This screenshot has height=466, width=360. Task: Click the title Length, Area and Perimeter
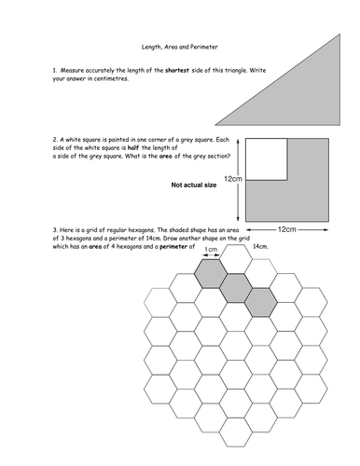click(x=180, y=47)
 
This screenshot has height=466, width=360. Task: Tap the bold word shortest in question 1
click(x=177, y=71)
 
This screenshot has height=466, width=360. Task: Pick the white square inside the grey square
click(x=267, y=159)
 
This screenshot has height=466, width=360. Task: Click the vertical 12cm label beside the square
click(x=233, y=179)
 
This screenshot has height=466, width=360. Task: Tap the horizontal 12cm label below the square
click(x=287, y=229)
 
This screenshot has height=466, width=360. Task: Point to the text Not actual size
click(x=194, y=185)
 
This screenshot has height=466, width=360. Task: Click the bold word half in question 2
click(x=133, y=148)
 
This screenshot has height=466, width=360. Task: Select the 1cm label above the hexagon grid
click(x=211, y=250)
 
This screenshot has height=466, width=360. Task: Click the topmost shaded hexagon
click(x=211, y=274)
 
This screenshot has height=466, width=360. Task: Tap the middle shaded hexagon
click(x=236, y=288)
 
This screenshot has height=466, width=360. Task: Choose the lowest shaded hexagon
click(x=261, y=303)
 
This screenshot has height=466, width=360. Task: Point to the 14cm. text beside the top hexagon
click(x=260, y=247)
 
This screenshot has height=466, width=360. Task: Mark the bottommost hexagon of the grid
click(x=236, y=432)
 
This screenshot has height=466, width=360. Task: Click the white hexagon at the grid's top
click(x=236, y=259)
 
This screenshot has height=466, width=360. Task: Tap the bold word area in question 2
click(x=165, y=157)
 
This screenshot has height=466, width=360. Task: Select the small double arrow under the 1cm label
click(x=211, y=255)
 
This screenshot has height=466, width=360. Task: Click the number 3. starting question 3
click(x=55, y=230)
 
